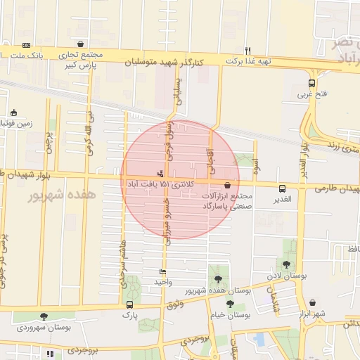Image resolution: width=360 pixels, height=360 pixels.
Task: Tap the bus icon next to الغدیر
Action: (x=282, y=188)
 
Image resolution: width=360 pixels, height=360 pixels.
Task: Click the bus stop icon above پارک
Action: (x=129, y=304)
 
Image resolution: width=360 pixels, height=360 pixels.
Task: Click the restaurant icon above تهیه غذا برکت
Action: (x=248, y=50)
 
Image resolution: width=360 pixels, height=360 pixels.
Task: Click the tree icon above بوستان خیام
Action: (x=229, y=304)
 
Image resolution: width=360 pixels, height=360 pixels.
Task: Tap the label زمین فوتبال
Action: (x=14, y=124)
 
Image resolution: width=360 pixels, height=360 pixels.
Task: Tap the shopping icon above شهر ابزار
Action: (x=311, y=302)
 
